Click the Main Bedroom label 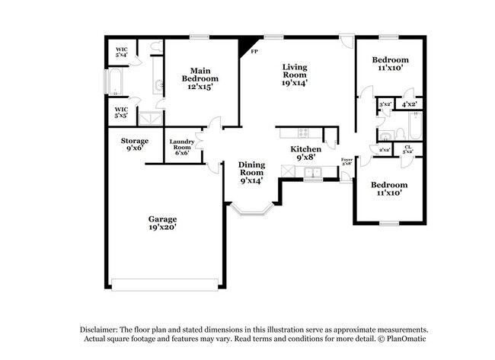coord(200,78)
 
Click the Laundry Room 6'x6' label coord(183,147)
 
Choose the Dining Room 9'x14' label coord(251,173)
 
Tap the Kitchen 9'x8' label coord(306,153)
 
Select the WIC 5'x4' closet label coord(121,53)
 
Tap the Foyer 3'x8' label coord(346,161)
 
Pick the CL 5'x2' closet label coord(407,150)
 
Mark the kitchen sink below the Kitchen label coord(311,174)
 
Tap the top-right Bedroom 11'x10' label coord(390,64)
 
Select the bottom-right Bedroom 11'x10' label coord(389,188)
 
